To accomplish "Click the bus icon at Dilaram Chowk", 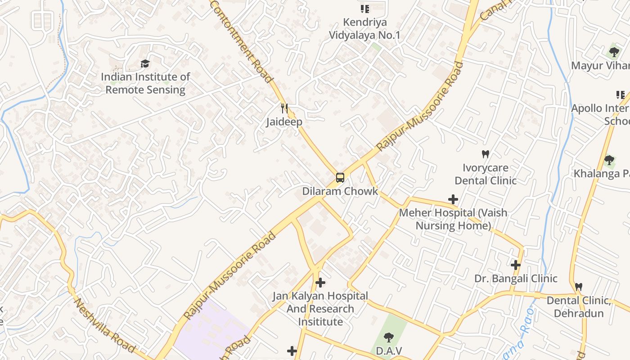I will click(x=340, y=178).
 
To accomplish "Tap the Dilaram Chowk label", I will click(x=340, y=191).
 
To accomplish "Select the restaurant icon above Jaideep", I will click(x=284, y=108).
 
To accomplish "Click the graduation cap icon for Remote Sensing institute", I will click(x=145, y=64).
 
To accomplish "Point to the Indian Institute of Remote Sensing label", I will click(x=145, y=83).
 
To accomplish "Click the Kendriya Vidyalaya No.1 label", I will click(x=364, y=28).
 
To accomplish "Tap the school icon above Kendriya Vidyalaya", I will click(x=364, y=9).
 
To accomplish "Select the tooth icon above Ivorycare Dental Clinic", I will click(x=485, y=154).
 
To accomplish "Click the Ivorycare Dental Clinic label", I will click(x=485, y=174).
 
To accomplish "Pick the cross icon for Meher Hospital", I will click(x=453, y=199).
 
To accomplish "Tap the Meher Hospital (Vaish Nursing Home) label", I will click(x=453, y=219).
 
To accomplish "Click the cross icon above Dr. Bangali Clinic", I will click(x=516, y=265).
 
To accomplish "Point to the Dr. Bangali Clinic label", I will click(x=516, y=279).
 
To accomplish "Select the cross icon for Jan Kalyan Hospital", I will click(x=320, y=283).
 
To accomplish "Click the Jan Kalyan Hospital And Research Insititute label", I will click(x=320, y=309).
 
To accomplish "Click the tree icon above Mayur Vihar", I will click(x=614, y=52).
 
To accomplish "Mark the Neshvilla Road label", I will click(x=104, y=326).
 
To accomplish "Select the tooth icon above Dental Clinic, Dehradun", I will click(x=579, y=287).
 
